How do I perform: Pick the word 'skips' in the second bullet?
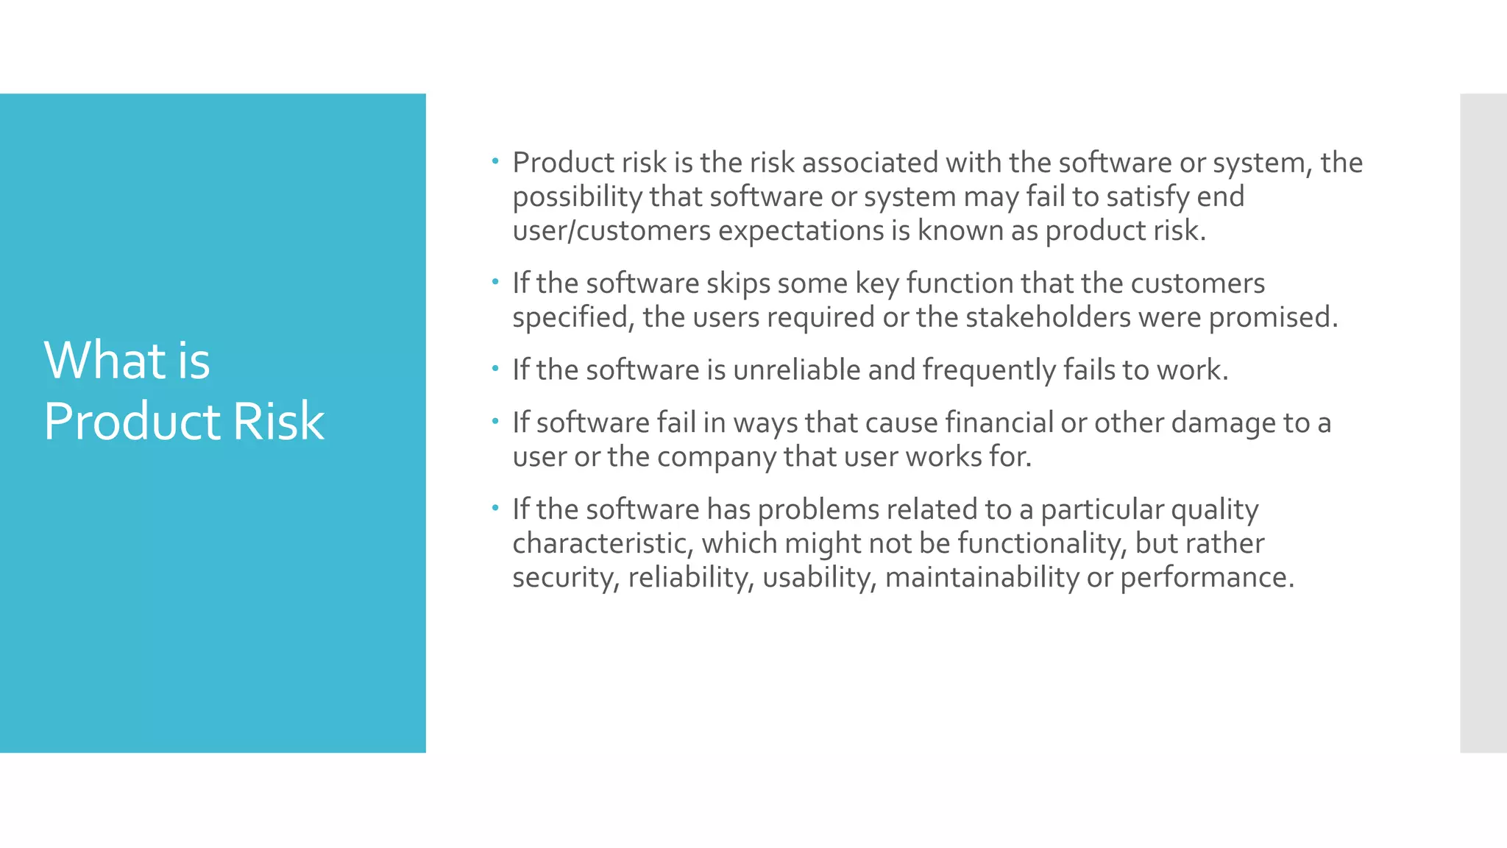point(737,283)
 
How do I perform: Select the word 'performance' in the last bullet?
point(1206,578)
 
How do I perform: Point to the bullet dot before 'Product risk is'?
point(496,160)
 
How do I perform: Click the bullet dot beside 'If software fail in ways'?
point(496,421)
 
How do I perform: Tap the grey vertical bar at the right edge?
point(1483,423)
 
